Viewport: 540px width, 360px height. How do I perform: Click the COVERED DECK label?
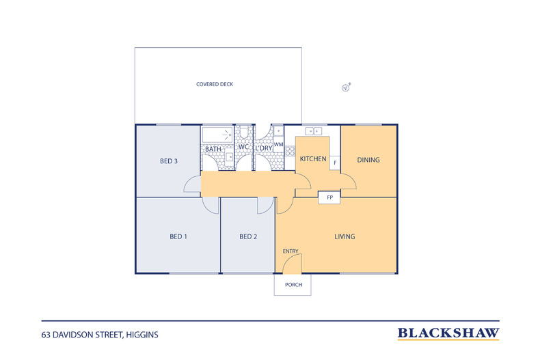[x=215, y=85]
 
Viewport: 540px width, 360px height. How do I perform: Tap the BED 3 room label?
[x=169, y=161]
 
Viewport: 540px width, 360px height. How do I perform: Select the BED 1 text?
[x=178, y=237]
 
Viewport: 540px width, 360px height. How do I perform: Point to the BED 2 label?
[x=248, y=237]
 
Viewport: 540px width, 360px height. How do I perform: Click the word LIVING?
[x=345, y=237]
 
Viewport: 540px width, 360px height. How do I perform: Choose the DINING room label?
[x=368, y=161]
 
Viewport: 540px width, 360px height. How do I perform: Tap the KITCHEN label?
[x=313, y=159]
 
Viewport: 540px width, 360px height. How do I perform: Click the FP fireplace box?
[x=329, y=197]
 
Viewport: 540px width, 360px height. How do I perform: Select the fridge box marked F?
[x=335, y=163]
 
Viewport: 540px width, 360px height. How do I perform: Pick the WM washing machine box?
[x=278, y=146]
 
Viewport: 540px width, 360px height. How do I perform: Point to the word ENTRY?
[x=291, y=251]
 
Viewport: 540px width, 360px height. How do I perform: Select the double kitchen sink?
[x=315, y=130]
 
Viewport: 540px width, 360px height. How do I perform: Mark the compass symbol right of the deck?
[x=347, y=87]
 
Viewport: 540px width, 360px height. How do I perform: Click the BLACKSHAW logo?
[x=448, y=334]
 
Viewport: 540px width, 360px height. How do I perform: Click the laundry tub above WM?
[x=278, y=131]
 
